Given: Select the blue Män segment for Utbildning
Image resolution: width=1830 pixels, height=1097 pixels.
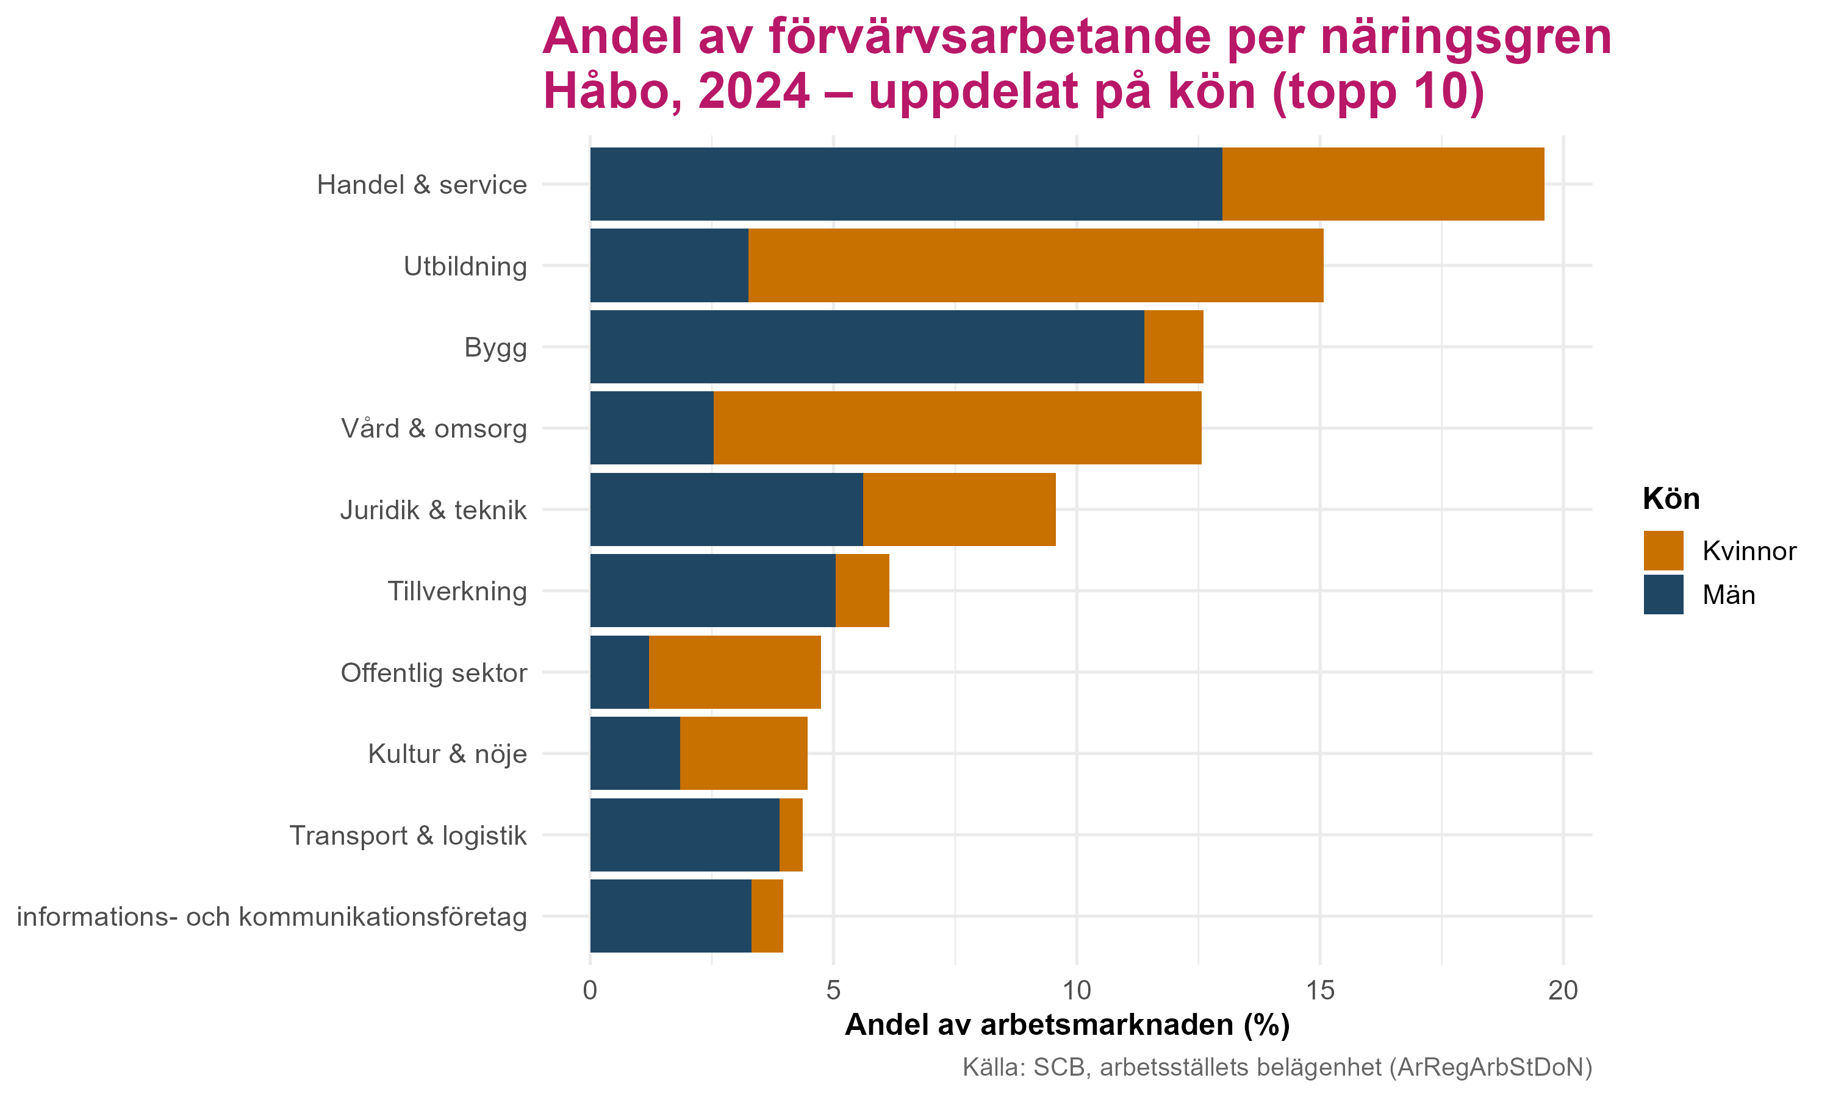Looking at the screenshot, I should coord(669,265).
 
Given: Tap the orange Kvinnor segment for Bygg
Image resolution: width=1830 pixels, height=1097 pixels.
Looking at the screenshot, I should coord(1173,347).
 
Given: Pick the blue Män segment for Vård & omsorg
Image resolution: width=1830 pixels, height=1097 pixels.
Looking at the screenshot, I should coord(651,428).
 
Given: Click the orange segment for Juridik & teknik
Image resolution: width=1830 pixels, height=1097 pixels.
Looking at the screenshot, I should coord(959,509).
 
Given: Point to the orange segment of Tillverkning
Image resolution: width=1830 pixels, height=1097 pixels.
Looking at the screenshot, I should coord(862,591).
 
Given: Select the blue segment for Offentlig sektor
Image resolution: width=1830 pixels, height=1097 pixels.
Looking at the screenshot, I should coord(619,672).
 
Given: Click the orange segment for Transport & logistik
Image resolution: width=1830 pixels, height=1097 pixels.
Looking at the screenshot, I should coord(791,834).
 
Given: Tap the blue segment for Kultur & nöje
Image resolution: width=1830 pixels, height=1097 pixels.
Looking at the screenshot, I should coord(634,753).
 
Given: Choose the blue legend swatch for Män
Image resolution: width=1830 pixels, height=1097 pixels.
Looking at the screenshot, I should coord(1663,594).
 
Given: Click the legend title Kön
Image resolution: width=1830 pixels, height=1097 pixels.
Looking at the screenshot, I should coord(1671,500).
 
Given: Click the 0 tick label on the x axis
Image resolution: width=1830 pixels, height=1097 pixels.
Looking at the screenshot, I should coord(589,990).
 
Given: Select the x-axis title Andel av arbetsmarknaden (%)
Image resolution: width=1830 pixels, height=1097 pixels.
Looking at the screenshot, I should coord(1067,1025).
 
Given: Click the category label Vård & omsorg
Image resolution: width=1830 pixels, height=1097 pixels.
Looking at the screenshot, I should coord(434,429).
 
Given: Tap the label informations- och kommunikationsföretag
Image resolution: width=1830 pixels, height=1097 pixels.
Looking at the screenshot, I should coord(271,917).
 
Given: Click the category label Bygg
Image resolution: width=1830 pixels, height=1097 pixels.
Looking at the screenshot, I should coord(495,347).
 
